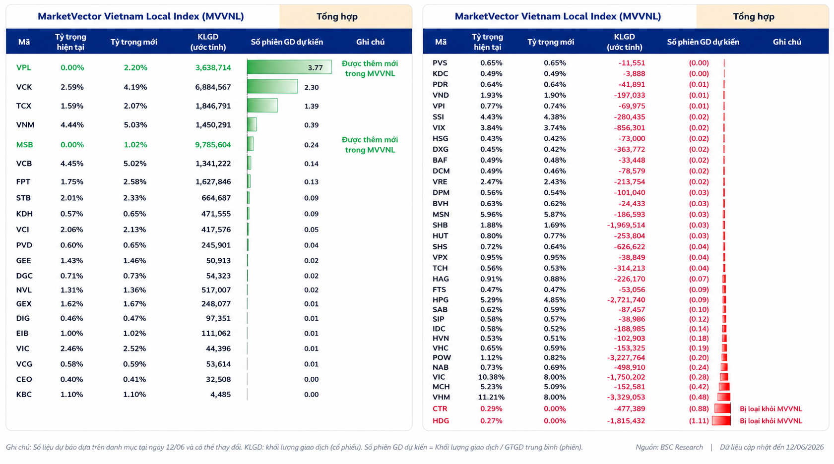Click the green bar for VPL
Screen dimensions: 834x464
coord(289,67)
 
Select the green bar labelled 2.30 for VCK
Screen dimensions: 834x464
coord(272,87)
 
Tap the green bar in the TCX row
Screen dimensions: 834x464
coord(262,106)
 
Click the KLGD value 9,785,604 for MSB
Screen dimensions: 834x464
coord(213,145)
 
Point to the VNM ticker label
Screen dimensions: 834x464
coord(25,125)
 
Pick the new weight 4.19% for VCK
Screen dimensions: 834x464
coord(135,87)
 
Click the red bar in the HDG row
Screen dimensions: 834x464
coord(721,421)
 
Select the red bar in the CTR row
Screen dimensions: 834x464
coord(723,408)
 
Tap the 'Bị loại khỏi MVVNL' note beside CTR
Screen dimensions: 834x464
coord(770,409)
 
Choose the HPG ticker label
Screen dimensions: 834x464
coord(440,300)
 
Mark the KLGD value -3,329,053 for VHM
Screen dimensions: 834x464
coord(626,398)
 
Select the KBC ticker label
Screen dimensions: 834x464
coord(24,395)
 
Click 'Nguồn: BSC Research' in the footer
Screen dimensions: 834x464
coord(669,447)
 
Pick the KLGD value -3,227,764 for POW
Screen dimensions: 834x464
coord(626,358)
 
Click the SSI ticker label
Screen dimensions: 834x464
coord(438,117)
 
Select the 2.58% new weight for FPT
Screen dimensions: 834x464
coord(135,182)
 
